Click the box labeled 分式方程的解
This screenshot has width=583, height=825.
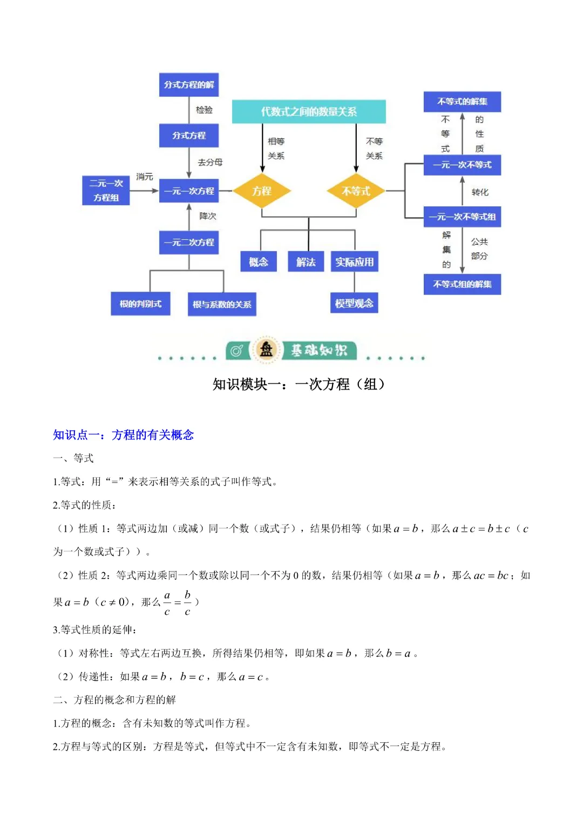coord(188,85)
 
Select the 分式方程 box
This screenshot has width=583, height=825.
coord(188,136)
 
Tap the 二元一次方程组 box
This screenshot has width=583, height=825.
coord(106,191)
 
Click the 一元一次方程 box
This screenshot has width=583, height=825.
coord(188,191)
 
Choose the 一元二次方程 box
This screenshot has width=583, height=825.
coord(188,243)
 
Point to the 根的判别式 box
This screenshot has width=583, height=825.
coord(140,304)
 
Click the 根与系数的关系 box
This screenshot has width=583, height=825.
coord(221,304)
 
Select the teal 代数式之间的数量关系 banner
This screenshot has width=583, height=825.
coord(309,112)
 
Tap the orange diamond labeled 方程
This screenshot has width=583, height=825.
coord(262,191)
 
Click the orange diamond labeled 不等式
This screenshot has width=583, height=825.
coord(356,191)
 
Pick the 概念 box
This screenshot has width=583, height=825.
coord(259,262)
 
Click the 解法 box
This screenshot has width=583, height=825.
coord(306,262)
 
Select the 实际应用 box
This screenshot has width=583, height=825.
coord(354,262)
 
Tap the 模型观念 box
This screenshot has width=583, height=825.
coord(354,303)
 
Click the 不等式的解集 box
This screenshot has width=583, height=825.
coord(462,102)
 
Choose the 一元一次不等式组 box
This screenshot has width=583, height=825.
coord(462,217)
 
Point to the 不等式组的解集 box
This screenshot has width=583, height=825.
coord(462,284)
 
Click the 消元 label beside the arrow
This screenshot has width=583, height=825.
coord(145,177)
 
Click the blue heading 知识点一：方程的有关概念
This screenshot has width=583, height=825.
coord(123,435)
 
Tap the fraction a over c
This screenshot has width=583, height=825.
coord(167,603)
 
